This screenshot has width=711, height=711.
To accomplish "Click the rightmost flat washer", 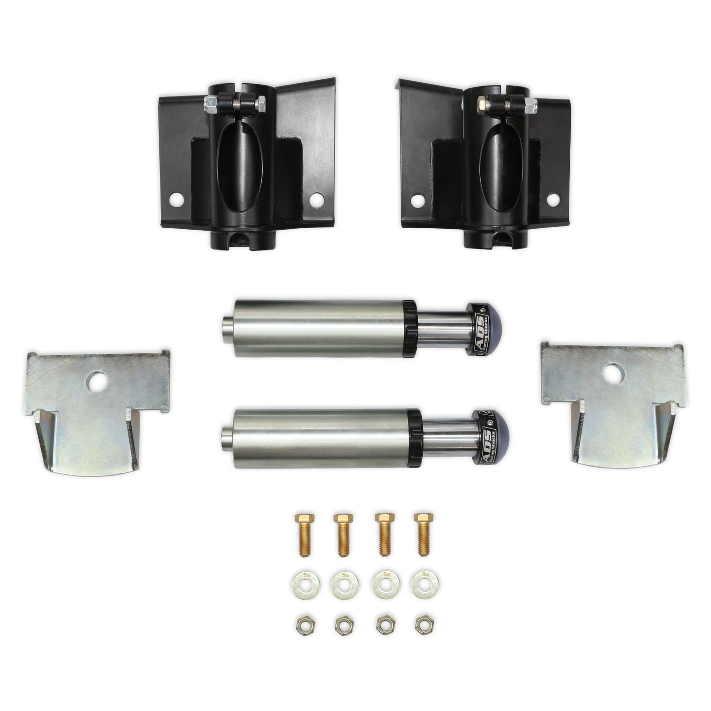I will click(422, 584).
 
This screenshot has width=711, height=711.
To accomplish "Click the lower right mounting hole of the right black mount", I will click(553, 199).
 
